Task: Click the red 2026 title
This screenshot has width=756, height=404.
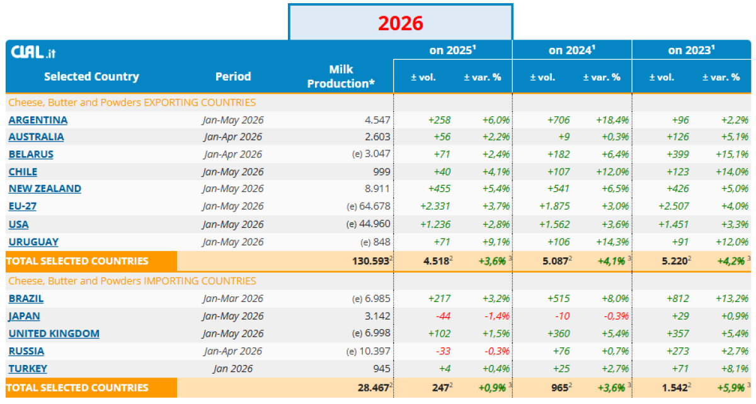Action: (x=400, y=23)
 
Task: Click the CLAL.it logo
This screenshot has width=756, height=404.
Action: (x=33, y=52)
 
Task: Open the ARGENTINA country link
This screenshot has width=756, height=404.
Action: (x=38, y=120)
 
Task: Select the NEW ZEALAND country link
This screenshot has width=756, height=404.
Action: (x=45, y=189)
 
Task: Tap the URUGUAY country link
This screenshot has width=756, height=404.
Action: (x=33, y=242)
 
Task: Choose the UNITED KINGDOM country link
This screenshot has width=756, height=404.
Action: (x=54, y=334)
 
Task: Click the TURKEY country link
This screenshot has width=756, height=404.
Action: (x=28, y=369)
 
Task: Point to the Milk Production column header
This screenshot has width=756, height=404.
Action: (x=341, y=77)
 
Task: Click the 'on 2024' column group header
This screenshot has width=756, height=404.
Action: (x=572, y=50)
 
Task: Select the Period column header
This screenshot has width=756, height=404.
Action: (x=233, y=77)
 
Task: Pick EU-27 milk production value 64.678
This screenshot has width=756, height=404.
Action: (x=375, y=206)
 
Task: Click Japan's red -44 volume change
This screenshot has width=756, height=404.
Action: (x=443, y=316)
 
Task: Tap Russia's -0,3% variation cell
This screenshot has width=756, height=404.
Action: (x=497, y=351)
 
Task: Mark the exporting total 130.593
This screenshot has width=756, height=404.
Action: (x=370, y=261)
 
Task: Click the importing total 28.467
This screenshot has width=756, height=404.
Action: (x=373, y=388)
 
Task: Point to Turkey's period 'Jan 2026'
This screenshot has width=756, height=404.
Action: (x=233, y=369)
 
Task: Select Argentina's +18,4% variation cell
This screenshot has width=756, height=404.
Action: (x=612, y=120)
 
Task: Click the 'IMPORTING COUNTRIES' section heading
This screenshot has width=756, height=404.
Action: (x=132, y=281)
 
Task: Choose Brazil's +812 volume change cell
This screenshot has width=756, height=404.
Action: (x=678, y=298)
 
